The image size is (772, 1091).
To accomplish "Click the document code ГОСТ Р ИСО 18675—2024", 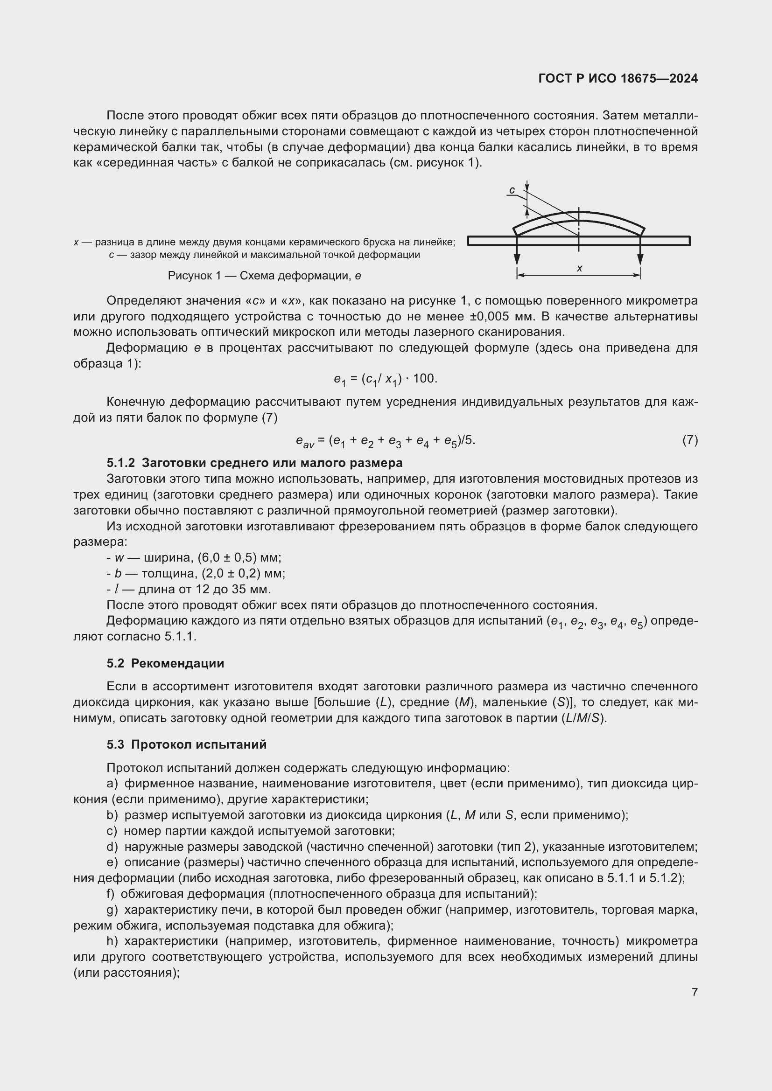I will tap(618, 78).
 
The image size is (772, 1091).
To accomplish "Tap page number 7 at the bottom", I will tap(695, 992).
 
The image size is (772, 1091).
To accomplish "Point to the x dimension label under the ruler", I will tap(580, 269).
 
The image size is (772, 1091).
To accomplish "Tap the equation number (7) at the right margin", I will tap(690, 440).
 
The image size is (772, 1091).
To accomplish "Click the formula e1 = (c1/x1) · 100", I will tap(385, 379).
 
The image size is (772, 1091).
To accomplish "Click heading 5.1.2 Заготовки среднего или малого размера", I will tap(254, 462).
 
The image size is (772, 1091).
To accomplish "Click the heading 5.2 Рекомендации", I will tap(165, 663).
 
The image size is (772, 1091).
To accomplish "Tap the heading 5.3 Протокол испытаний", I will tap(186, 744).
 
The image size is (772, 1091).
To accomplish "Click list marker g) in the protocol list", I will tap(112, 910).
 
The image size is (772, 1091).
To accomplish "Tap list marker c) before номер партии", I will tap(112, 831).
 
